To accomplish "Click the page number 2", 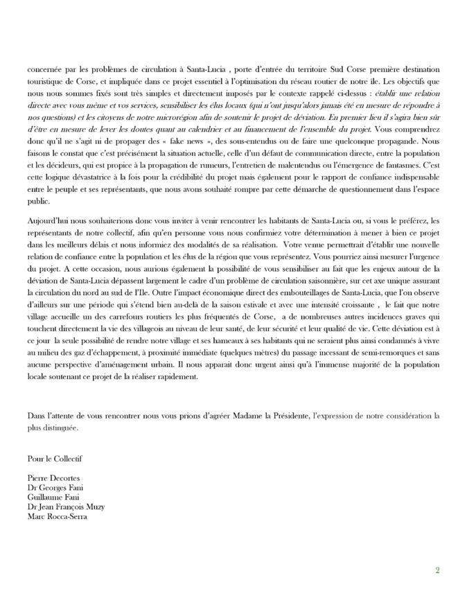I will point(437,570).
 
